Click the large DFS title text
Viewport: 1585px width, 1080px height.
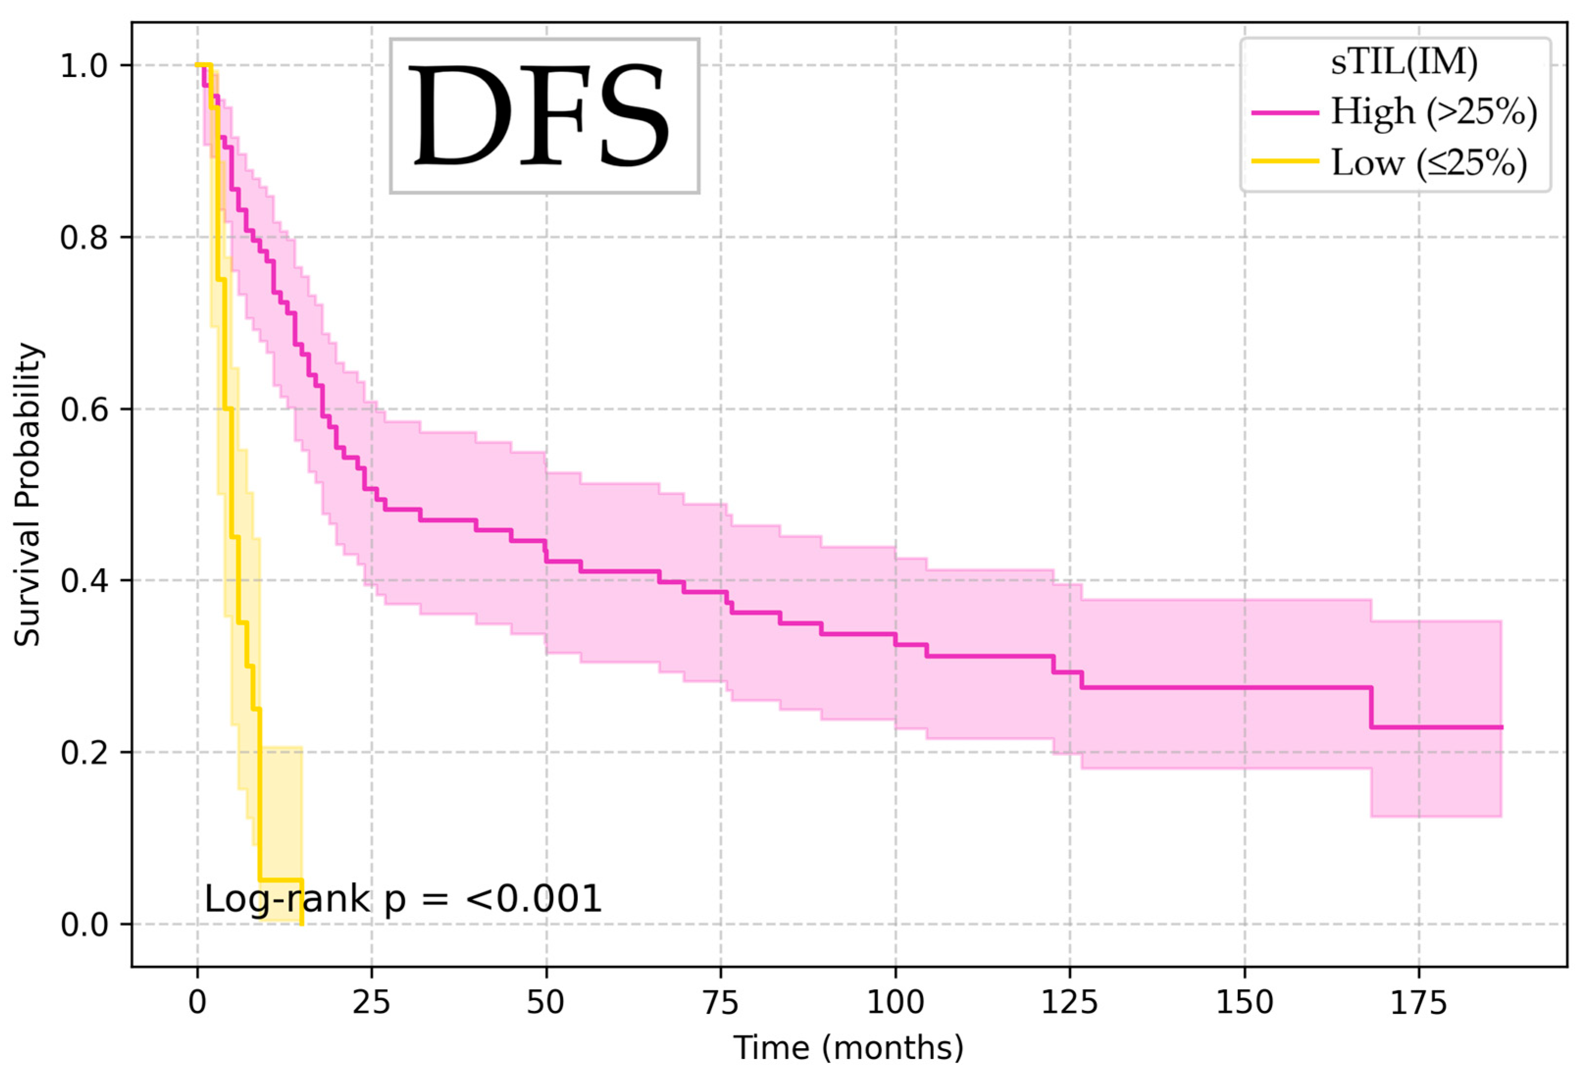pyautogui.click(x=544, y=116)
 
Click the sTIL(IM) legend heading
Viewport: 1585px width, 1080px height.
pyautogui.click(x=1404, y=63)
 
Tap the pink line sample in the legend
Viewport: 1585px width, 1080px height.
pyautogui.click(x=1285, y=112)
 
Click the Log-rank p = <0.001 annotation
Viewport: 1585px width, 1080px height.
pyautogui.click(x=403, y=899)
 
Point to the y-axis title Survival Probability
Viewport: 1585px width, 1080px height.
pyautogui.click(x=28, y=495)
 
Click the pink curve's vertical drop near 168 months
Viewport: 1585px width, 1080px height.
pyautogui.click(x=1370, y=707)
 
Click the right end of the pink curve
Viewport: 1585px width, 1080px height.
pyautogui.click(x=1501, y=728)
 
